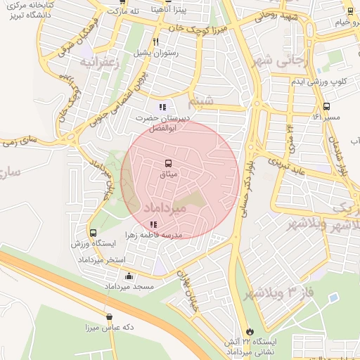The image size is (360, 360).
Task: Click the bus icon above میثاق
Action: [x=167, y=163]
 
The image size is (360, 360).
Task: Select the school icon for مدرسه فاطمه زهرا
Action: [x=153, y=225]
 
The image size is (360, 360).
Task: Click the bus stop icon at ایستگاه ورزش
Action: [x=93, y=233]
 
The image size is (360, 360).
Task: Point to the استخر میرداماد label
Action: [x=105, y=259]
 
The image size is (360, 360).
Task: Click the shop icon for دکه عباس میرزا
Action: [x=108, y=317]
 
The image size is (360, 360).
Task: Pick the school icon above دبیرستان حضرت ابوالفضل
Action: [x=162, y=108]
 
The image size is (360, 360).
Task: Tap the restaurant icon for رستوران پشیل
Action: [x=155, y=41]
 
